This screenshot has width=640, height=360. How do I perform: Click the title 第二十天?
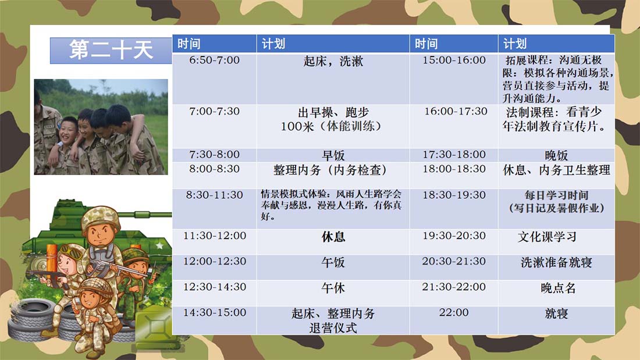click(x=111, y=50)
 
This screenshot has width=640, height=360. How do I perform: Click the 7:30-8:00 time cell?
click(x=214, y=155)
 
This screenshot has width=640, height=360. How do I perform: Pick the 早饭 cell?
click(x=333, y=155)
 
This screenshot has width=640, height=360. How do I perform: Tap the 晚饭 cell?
click(x=556, y=155)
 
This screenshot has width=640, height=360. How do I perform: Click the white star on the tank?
click(x=159, y=245)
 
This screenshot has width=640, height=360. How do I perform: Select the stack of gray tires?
click(x=33, y=320)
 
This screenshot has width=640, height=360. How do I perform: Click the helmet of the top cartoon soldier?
click(x=101, y=217)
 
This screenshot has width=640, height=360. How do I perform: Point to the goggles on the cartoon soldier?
click(x=73, y=252)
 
